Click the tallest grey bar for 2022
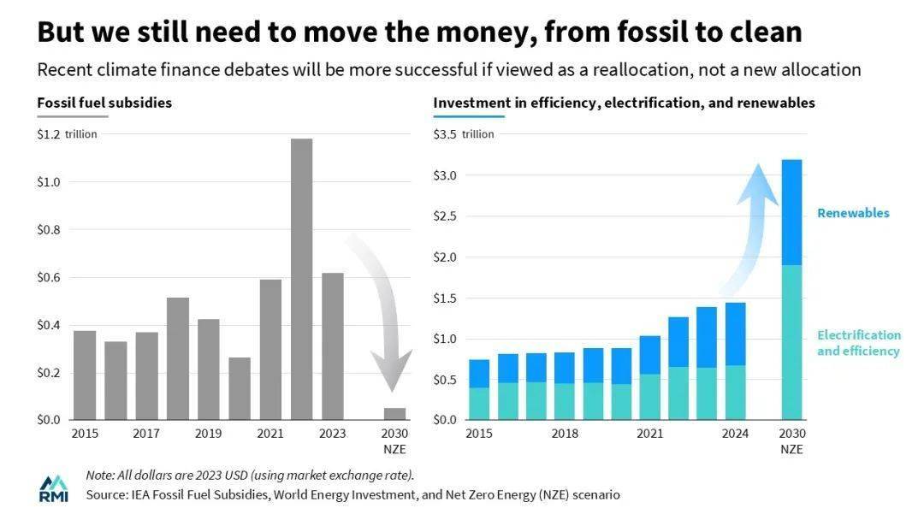click(300, 279)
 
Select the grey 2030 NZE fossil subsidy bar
click(394, 414)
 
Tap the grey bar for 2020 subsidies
click(240, 388)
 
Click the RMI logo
click(53, 488)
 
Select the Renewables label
click(853, 213)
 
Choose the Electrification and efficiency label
click(858, 343)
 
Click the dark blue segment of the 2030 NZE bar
click(792, 212)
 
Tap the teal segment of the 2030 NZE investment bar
click(792, 342)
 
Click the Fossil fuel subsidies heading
click(104, 103)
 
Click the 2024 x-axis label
click(735, 434)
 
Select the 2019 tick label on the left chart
click(208, 434)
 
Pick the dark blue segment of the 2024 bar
click(735, 334)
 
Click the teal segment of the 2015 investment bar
click(479, 404)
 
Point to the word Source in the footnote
click(105, 494)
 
